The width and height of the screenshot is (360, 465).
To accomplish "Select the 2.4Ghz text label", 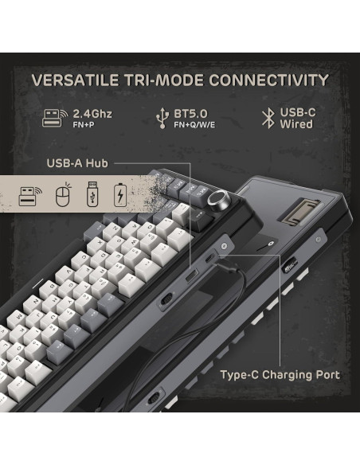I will (x=92, y=113).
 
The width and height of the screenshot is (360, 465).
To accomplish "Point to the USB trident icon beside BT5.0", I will (x=161, y=119).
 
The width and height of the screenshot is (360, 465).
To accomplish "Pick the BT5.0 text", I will (x=189, y=113).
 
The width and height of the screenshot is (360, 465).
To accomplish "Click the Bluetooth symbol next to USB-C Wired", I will (x=268, y=119).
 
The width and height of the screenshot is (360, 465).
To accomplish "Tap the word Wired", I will (x=296, y=125).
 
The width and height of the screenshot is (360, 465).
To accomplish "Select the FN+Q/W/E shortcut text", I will (x=195, y=125).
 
